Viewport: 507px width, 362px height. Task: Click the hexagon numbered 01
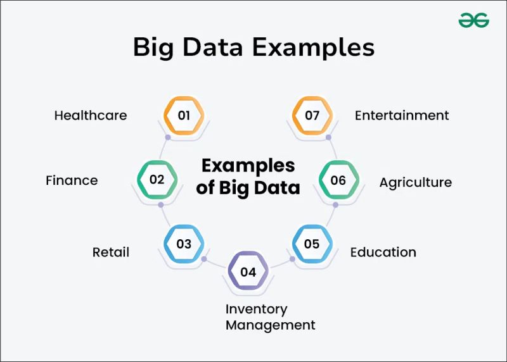(184, 116)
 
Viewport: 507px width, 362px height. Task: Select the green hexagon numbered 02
(157, 179)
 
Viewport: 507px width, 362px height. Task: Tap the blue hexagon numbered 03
(184, 244)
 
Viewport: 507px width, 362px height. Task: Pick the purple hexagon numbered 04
(248, 272)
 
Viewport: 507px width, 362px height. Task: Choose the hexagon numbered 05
(312, 244)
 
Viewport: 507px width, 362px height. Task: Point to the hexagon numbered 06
(338, 180)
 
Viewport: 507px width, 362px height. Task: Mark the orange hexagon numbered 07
(312, 116)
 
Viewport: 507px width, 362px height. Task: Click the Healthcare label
(91, 115)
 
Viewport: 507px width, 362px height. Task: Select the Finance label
(72, 180)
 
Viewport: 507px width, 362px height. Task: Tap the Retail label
(111, 252)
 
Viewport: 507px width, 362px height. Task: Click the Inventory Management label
(270, 317)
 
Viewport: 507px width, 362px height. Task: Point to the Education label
(383, 252)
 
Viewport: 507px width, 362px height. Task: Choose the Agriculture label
(415, 182)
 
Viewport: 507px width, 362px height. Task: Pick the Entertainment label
(402, 115)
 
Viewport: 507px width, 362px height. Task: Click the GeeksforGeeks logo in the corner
(474, 20)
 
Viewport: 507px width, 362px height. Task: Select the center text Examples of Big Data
(248, 176)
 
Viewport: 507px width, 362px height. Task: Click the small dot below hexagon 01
(168, 137)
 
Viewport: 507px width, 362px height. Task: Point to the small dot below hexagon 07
(328, 137)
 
